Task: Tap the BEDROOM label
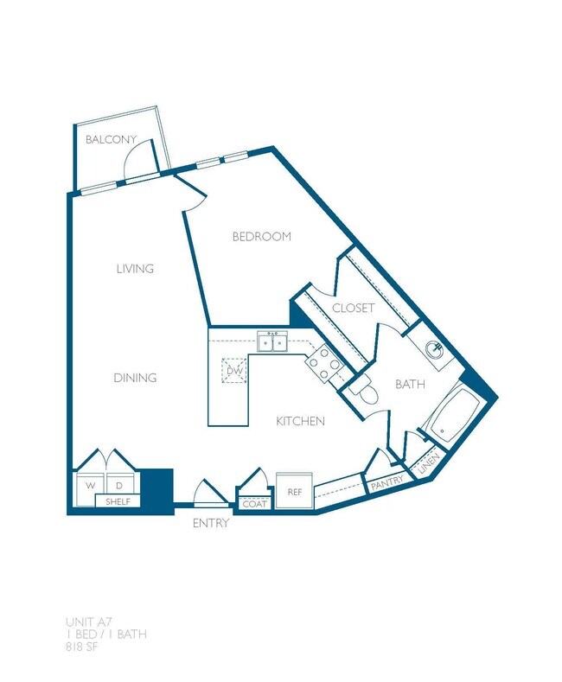[261, 236]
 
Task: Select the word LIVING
[135, 269]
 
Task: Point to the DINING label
[135, 378]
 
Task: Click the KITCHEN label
[300, 421]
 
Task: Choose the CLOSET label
[353, 308]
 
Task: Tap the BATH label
[410, 384]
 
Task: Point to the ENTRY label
[211, 523]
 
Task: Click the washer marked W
[89, 485]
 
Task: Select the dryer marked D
[119, 485]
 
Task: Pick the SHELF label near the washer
[118, 501]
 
